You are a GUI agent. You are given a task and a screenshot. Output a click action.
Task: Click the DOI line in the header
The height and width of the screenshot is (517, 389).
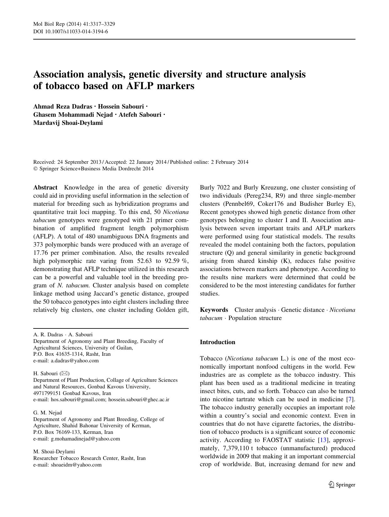coord(71,31)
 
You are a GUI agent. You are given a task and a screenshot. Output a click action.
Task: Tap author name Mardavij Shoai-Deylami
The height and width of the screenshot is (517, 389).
coord(68,123)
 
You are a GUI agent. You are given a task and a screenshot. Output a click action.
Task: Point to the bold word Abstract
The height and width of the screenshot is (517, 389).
coord(45,188)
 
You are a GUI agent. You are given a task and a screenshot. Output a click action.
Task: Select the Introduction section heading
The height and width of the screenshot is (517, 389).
coord(218,342)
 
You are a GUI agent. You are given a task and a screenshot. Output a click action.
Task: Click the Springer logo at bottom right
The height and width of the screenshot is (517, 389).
coord(342,485)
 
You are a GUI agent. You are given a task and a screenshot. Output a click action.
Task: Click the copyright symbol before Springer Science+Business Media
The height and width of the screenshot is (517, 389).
coord(35,169)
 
